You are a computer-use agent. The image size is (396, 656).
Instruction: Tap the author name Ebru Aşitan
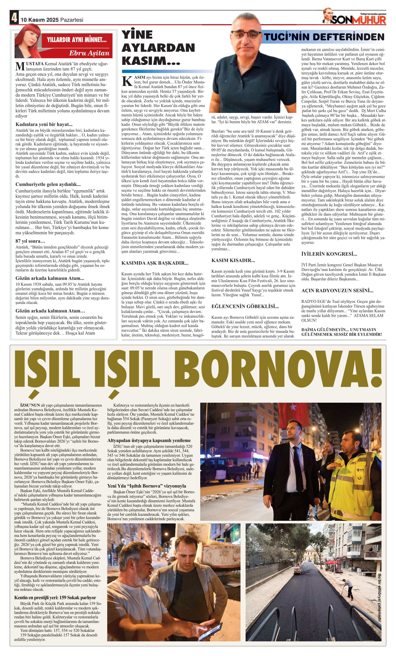click(89, 53)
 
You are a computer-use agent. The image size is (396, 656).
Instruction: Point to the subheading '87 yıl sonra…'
click(30, 241)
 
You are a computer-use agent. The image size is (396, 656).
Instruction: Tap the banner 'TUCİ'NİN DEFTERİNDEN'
click(324, 37)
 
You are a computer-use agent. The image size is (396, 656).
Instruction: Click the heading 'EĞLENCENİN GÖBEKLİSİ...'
click(245, 306)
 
